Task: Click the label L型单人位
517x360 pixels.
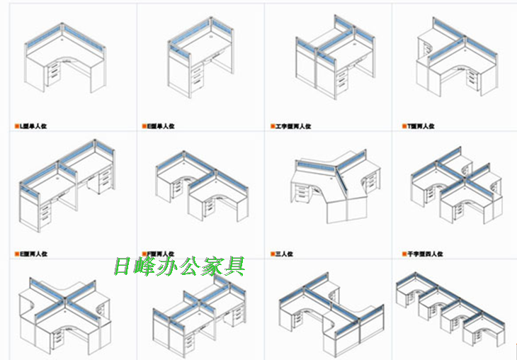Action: [36, 126]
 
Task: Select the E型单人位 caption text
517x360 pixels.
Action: [161, 126]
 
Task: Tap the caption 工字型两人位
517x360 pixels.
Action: [293, 126]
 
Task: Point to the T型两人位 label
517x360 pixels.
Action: [421, 126]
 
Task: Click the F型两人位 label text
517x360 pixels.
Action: [161, 253]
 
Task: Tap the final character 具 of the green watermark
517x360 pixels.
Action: [235, 266]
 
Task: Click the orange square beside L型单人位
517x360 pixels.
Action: [17, 126]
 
